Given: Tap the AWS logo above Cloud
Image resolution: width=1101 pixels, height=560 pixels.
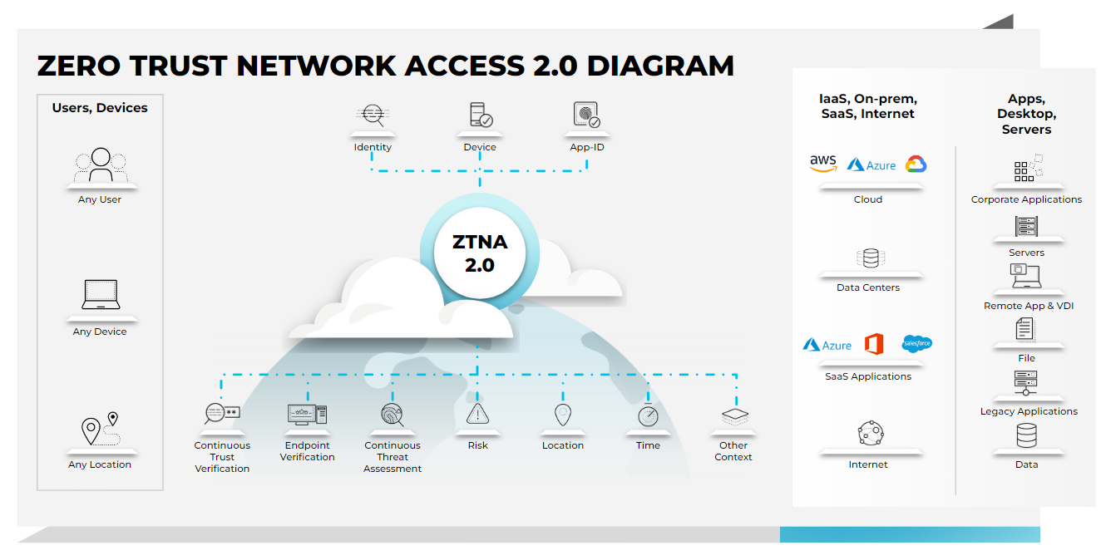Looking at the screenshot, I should [x=822, y=164].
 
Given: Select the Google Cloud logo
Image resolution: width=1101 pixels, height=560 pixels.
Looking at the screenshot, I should [x=916, y=165].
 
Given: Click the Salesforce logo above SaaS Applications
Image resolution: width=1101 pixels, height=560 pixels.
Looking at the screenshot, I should [x=916, y=344].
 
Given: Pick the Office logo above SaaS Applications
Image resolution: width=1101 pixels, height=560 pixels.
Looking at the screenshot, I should [x=873, y=344].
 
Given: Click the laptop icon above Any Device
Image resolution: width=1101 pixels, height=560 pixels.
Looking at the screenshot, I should [x=101, y=296].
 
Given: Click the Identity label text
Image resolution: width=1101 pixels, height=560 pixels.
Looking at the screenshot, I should [x=373, y=147].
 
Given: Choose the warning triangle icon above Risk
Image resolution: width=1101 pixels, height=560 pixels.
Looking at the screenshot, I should [x=477, y=414].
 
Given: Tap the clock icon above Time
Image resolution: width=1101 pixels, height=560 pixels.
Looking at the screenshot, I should [x=648, y=415].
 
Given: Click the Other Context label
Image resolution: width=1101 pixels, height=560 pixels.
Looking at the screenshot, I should [x=733, y=451].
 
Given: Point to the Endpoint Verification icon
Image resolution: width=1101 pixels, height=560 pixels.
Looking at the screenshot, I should [x=307, y=414].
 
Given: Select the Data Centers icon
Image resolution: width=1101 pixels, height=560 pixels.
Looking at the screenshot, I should [x=870, y=258].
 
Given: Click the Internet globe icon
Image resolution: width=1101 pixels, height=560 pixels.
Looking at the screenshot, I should [x=870, y=433].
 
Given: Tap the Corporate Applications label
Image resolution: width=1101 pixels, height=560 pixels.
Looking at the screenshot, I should [x=1026, y=199].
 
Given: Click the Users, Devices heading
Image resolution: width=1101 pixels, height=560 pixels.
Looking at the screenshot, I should [x=100, y=108].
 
